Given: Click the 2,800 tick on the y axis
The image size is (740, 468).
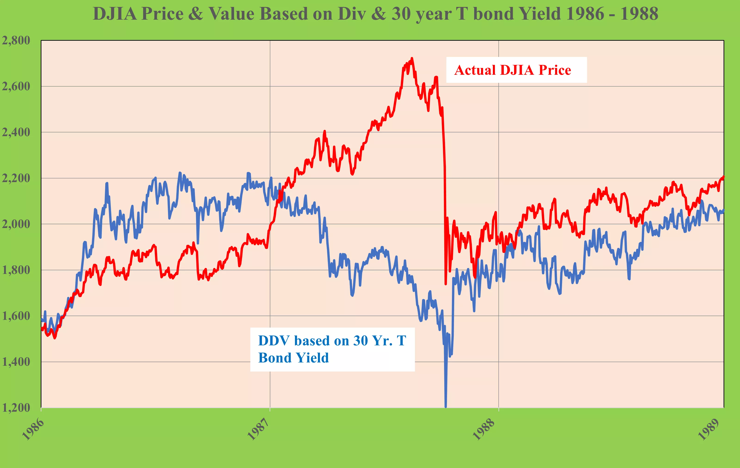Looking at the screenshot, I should point(16,40).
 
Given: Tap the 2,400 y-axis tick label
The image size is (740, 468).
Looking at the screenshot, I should point(16,132).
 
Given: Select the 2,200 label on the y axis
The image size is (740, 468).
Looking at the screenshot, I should point(16,178).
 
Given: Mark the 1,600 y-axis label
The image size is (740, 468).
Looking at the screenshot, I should point(16,316).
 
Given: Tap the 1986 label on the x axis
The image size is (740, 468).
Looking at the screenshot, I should point(33,429).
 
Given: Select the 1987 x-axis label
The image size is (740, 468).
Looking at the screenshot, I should point(258,429).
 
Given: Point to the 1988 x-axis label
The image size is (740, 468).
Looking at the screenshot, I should point(484,429).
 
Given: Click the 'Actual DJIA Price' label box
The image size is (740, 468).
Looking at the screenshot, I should point(516,70).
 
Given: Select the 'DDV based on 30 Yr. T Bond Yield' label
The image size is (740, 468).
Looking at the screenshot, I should point(332,349).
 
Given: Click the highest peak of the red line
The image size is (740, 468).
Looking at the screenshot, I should point(412,58).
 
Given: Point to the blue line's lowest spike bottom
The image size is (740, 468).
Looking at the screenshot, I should point(446,406).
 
